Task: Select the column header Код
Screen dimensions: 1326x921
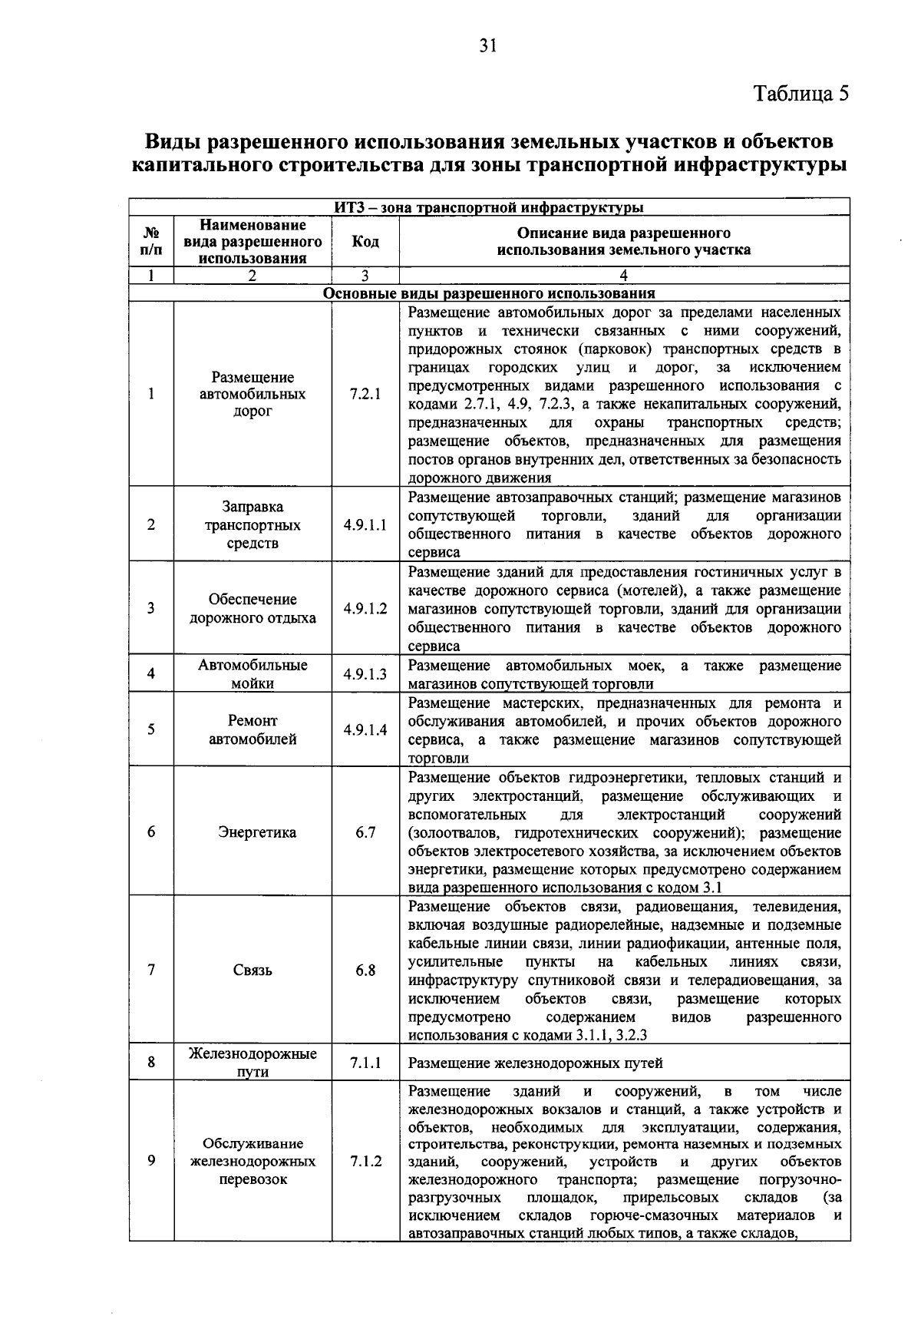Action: [x=365, y=242]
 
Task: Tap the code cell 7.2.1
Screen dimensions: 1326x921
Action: [x=365, y=394]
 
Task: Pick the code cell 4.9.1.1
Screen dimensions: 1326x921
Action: [x=365, y=525]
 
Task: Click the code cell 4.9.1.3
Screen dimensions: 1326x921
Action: [x=365, y=674]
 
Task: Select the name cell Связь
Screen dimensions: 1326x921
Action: [x=253, y=971]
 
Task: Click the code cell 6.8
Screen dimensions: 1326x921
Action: [x=365, y=971]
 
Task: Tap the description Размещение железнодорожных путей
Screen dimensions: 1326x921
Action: [x=535, y=1063]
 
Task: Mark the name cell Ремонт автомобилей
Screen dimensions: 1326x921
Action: [x=253, y=730]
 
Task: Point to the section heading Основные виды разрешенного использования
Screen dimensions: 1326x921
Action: [x=489, y=293]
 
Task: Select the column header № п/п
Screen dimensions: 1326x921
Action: [x=152, y=242]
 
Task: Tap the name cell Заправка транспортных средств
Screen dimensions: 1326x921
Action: [x=253, y=525]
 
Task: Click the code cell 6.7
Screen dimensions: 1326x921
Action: [x=365, y=832]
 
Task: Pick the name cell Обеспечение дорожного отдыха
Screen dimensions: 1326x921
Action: [x=253, y=608]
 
